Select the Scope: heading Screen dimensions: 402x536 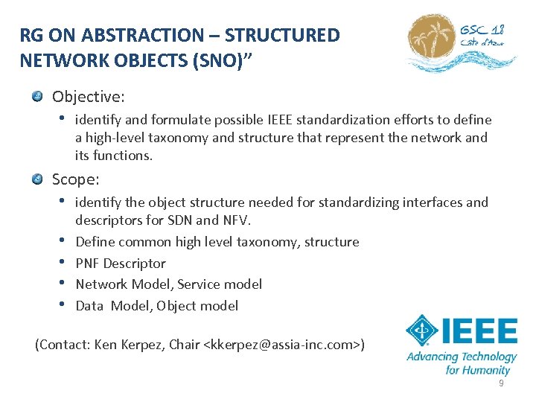tap(76, 179)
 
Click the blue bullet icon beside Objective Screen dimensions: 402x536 tap(37, 98)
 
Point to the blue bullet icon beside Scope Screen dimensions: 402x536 tap(37, 179)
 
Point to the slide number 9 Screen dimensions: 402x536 tap(501, 383)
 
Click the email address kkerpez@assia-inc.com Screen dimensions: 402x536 tap(283, 344)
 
